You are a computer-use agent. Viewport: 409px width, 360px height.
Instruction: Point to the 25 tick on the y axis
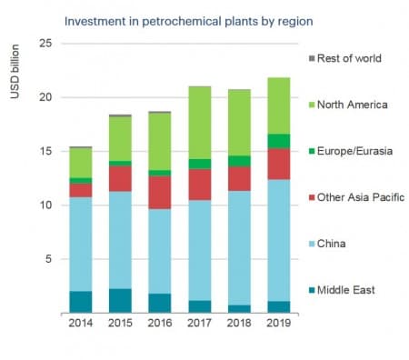(44, 44)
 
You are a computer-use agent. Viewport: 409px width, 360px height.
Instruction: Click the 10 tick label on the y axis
(44, 205)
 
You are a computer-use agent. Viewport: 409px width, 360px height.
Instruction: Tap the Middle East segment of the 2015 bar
(120, 300)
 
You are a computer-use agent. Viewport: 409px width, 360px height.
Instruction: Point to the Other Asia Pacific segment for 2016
(160, 192)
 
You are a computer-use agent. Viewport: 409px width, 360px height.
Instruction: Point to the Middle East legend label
(351, 290)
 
